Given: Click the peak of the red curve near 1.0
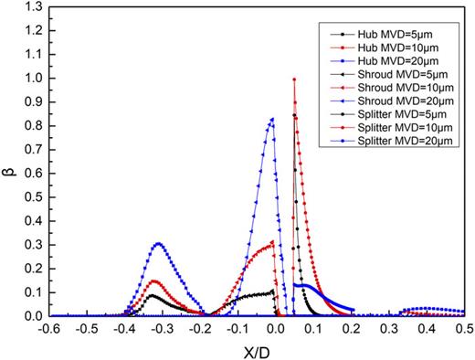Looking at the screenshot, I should [x=294, y=79].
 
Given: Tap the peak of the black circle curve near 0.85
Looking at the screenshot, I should [x=293, y=114].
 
